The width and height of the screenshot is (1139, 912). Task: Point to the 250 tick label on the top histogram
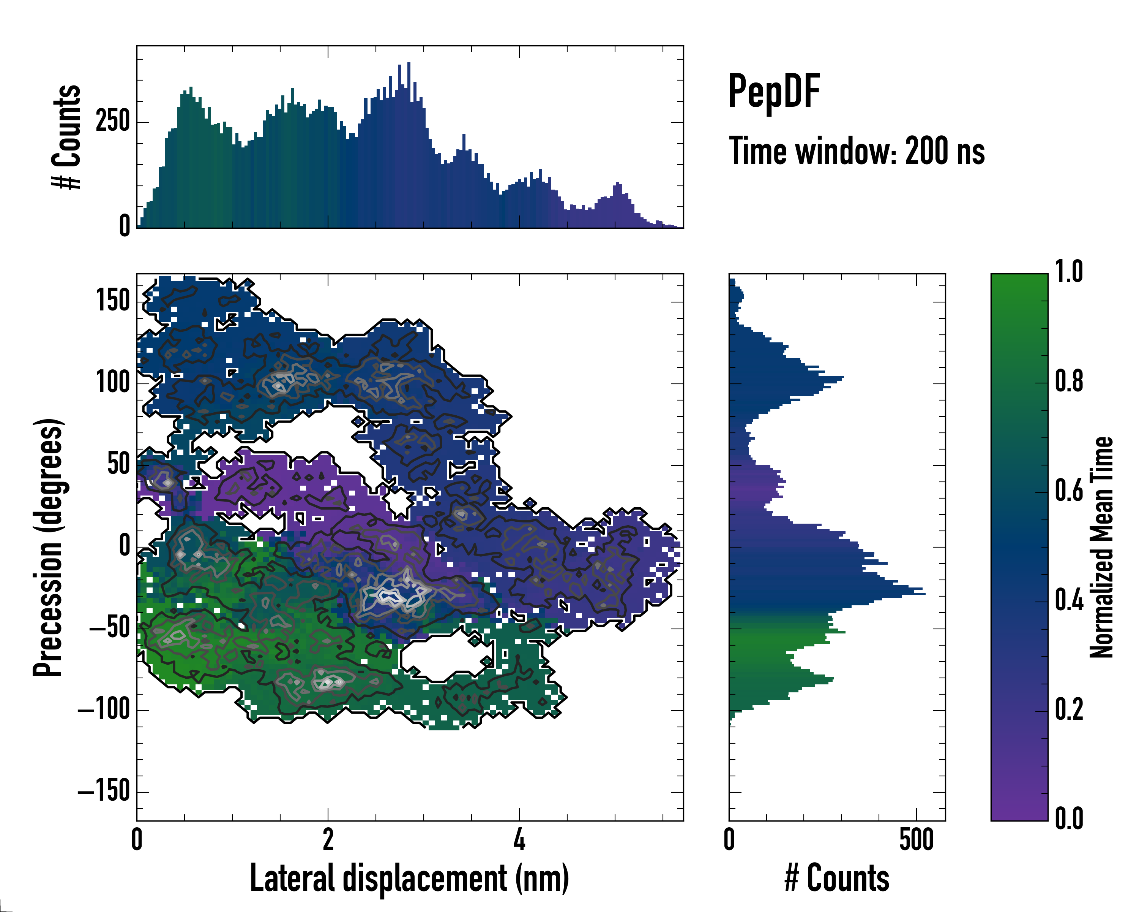[x=112, y=122]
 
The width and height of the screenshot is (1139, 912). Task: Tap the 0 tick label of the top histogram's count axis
[x=125, y=226]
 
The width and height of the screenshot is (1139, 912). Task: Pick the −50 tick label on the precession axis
[x=109, y=629]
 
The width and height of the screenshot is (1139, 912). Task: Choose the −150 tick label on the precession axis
[x=104, y=792]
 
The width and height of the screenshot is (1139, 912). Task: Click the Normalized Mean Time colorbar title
[x=1101, y=547]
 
